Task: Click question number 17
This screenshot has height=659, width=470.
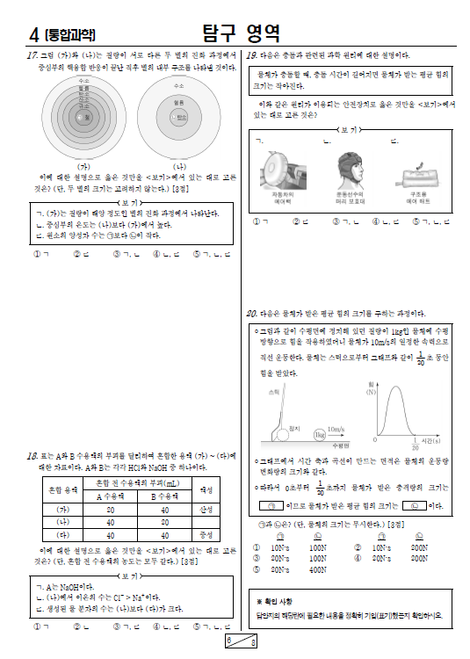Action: point(33,55)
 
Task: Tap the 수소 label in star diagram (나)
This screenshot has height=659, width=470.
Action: point(179,86)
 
